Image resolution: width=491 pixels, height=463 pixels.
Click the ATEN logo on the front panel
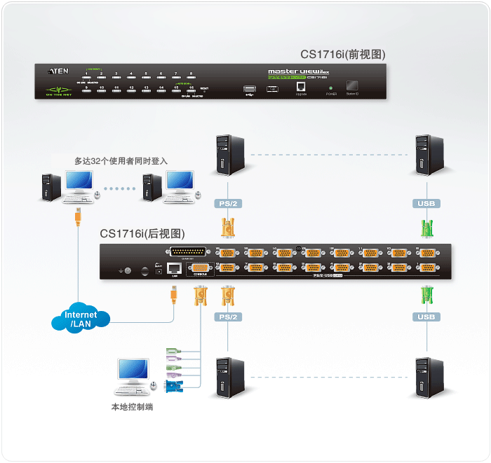(58, 71)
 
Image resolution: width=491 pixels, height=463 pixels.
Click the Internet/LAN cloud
(81, 319)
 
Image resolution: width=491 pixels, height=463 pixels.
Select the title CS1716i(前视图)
(343, 54)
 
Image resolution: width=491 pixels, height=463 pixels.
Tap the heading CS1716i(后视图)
(142, 234)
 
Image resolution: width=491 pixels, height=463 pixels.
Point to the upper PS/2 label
(227, 204)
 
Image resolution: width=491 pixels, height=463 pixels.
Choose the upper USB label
(426, 204)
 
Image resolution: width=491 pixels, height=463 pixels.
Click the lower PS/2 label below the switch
(227, 317)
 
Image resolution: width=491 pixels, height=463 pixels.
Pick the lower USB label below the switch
(426, 317)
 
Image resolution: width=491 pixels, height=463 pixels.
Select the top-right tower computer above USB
(428, 155)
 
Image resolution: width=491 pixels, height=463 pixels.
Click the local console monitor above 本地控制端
(133, 371)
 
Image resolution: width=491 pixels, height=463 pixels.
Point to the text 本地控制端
(132, 407)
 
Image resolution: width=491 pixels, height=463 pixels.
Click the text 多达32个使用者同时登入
(121, 161)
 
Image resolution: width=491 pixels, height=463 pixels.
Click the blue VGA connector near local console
(173, 386)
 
